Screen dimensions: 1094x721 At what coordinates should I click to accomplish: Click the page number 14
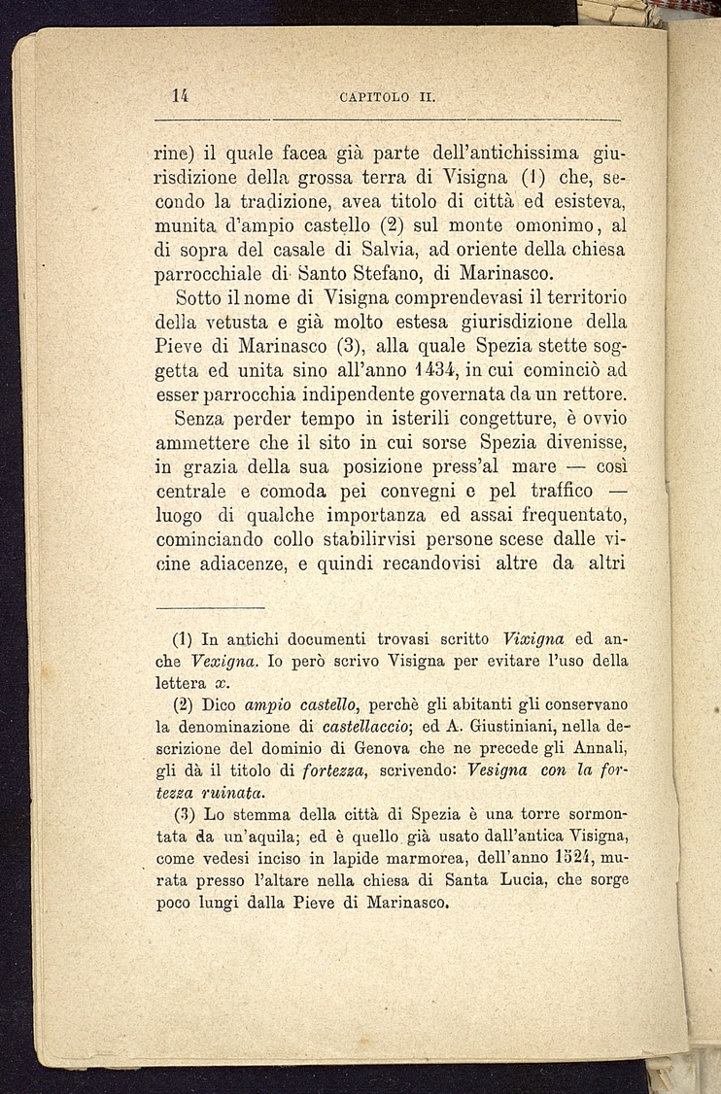pos(179,95)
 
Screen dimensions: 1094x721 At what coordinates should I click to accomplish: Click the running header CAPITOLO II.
pos(387,96)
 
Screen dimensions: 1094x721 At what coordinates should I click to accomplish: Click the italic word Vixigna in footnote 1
pos(541,640)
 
